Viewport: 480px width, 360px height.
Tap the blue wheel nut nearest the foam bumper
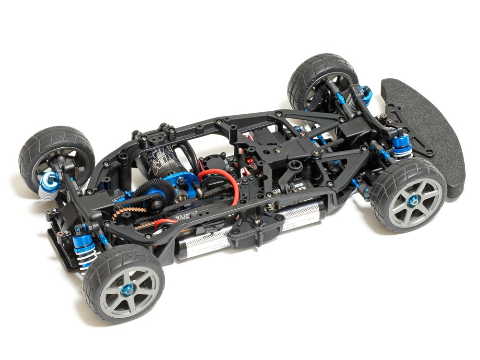[412, 202]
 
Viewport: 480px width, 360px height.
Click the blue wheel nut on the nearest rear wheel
[128, 289]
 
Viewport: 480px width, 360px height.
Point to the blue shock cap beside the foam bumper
[401, 141]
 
